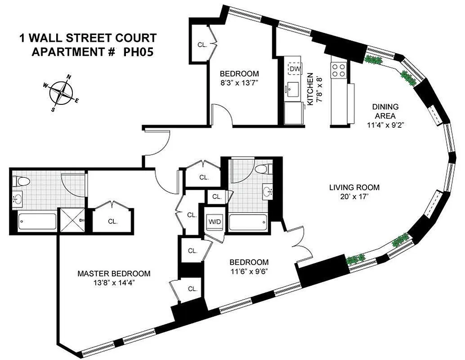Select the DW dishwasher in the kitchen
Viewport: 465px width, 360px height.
pyautogui.click(x=295, y=68)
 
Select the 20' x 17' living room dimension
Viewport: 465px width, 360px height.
pyautogui.click(x=354, y=196)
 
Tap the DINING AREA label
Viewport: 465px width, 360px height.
pyautogui.click(x=385, y=111)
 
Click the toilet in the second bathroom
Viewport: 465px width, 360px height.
pyautogui.click(x=261, y=169)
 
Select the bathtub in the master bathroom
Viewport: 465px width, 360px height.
pyautogui.click(x=37, y=221)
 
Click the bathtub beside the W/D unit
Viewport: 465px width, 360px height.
pyautogui.click(x=248, y=222)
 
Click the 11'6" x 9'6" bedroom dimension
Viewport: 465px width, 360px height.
pyautogui.click(x=249, y=271)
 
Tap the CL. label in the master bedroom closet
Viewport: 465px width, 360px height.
pyautogui.click(x=112, y=221)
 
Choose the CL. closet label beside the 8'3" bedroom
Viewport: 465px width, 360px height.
pyautogui.click(x=201, y=45)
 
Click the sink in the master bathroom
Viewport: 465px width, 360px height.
pyautogui.click(x=18, y=198)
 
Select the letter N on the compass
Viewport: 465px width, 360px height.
pyautogui.click(x=68, y=77)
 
